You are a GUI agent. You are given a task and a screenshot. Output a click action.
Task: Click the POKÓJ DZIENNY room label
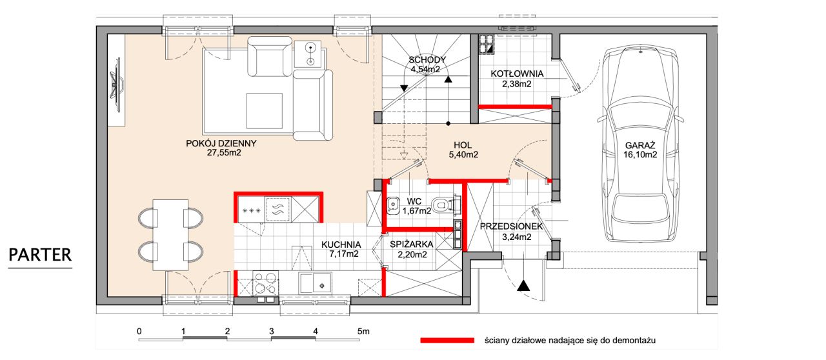point(221,143)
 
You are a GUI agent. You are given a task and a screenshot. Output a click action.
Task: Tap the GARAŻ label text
point(640,145)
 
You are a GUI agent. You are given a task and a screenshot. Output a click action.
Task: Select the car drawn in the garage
point(640,144)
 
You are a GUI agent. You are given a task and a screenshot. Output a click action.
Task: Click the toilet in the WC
point(445,204)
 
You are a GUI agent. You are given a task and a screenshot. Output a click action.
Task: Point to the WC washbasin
point(393,206)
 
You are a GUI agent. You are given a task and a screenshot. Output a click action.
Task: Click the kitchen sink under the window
point(316,283)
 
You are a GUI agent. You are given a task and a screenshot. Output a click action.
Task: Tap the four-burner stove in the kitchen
point(265,283)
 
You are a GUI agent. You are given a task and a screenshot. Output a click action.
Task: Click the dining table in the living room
point(171,235)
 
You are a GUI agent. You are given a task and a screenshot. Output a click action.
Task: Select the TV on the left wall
point(117,85)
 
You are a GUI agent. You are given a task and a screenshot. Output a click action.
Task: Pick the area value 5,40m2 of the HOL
point(463,155)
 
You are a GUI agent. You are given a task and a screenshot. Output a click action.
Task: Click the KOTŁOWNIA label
point(517,74)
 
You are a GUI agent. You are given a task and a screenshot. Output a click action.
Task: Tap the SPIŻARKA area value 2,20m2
point(412,254)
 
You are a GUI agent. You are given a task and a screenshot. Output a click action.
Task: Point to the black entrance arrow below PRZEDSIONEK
point(523,285)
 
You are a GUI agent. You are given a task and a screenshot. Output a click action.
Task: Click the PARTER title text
point(40,255)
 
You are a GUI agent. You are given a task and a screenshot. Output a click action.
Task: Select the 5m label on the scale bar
point(363,331)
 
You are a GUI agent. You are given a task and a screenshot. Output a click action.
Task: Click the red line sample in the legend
point(447,341)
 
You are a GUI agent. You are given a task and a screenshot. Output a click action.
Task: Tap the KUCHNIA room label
point(341,245)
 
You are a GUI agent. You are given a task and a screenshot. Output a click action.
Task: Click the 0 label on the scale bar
point(139,331)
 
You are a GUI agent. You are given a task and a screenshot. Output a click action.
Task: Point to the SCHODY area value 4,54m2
point(425,69)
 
